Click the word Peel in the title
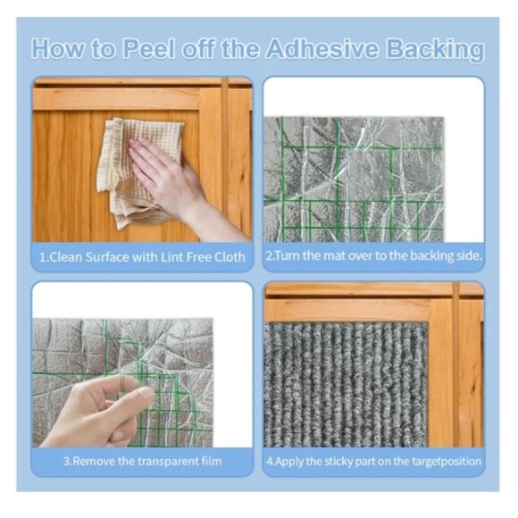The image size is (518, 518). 148,49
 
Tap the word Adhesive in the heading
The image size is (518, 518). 322,49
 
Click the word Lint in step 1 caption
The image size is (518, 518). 171,257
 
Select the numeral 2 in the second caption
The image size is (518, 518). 269,255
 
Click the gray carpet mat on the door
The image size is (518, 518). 346,384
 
